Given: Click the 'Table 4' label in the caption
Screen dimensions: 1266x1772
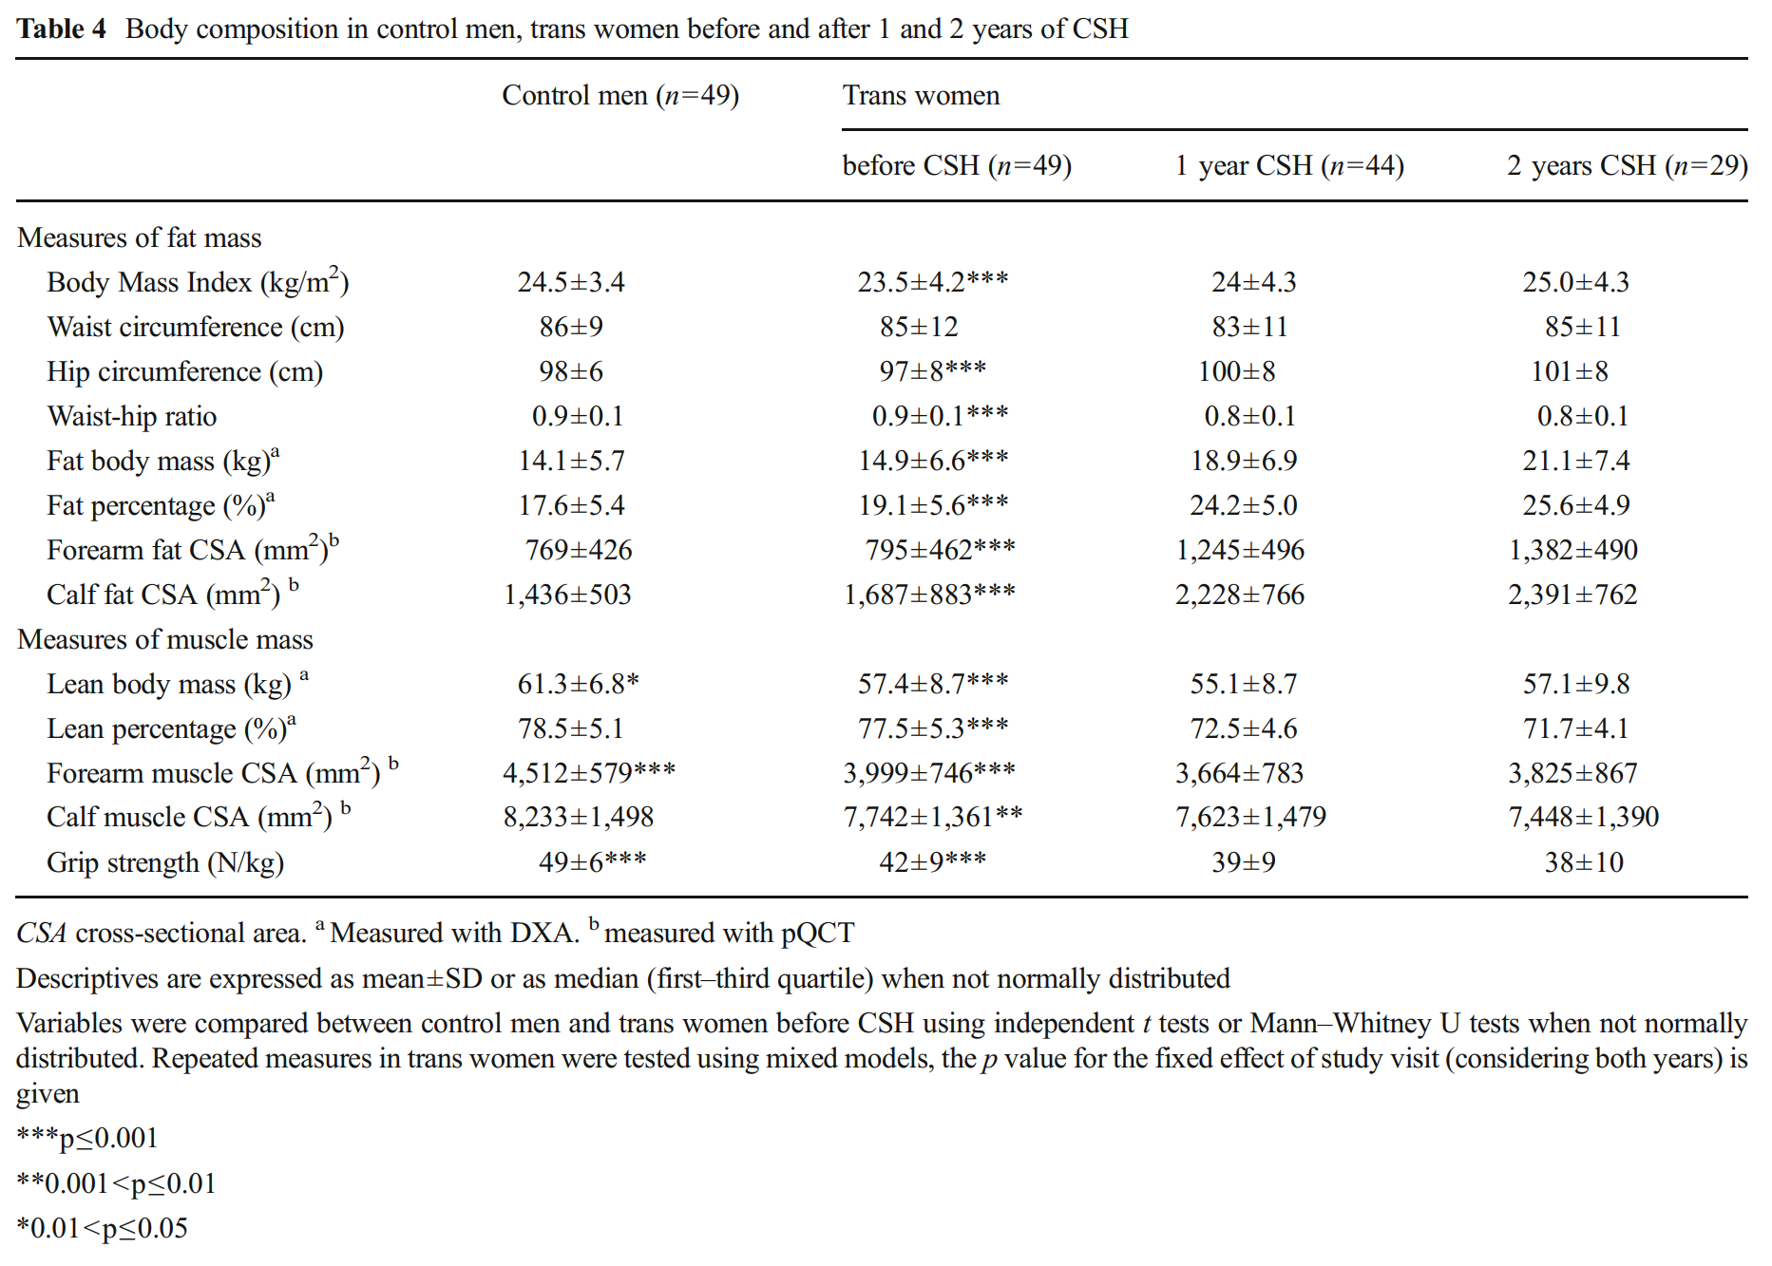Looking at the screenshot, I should (x=61, y=29).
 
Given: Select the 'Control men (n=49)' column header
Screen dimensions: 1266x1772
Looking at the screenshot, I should (x=619, y=96).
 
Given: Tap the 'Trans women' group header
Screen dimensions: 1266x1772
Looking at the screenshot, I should (x=920, y=96).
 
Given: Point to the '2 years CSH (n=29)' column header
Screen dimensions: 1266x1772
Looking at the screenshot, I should (x=1626, y=166).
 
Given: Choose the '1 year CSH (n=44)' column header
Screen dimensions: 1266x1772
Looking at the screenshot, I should (x=1288, y=166).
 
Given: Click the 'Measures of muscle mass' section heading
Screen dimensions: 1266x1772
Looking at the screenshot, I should (x=164, y=640).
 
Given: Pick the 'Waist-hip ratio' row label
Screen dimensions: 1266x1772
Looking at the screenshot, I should (x=131, y=417).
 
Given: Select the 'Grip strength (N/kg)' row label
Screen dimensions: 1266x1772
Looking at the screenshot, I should (x=164, y=863).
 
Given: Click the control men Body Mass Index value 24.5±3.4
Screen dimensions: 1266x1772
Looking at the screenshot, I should (x=570, y=283).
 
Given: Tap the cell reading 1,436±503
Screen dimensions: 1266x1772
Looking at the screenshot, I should (x=567, y=595).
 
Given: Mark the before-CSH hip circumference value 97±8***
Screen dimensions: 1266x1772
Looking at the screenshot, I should (x=931, y=372).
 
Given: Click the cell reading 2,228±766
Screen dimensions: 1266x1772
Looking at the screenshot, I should (x=1239, y=595).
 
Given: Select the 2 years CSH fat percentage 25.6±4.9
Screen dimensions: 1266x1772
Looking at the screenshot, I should (x=1575, y=506).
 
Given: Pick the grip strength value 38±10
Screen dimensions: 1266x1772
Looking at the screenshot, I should (x=1583, y=863).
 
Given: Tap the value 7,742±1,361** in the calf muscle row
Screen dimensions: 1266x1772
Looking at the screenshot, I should (x=932, y=818).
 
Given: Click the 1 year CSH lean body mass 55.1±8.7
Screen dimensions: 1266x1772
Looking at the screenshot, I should (x=1243, y=685).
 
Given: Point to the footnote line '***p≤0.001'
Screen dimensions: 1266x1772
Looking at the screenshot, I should (x=87, y=1139).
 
